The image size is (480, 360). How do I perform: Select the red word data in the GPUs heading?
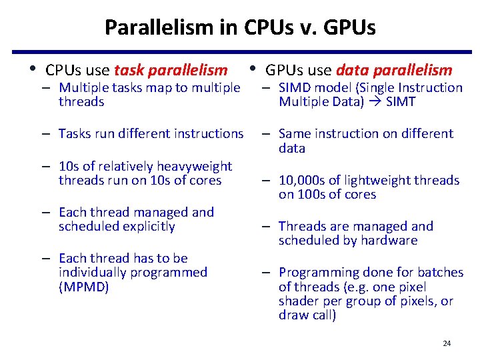click(351, 70)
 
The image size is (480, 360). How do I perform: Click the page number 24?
click(447, 343)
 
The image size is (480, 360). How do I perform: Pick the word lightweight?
click(369, 180)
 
